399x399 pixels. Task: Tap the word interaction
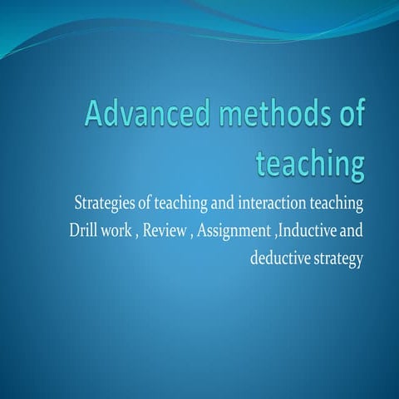click(x=278, y=203)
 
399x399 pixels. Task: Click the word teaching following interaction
click(x=338, y=204)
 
